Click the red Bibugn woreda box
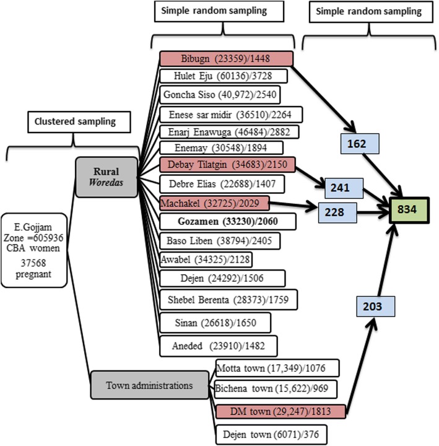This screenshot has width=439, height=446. pyautogui.click(x=225, y=58)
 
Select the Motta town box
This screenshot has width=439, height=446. pyautogui.click(x=276, y=368)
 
